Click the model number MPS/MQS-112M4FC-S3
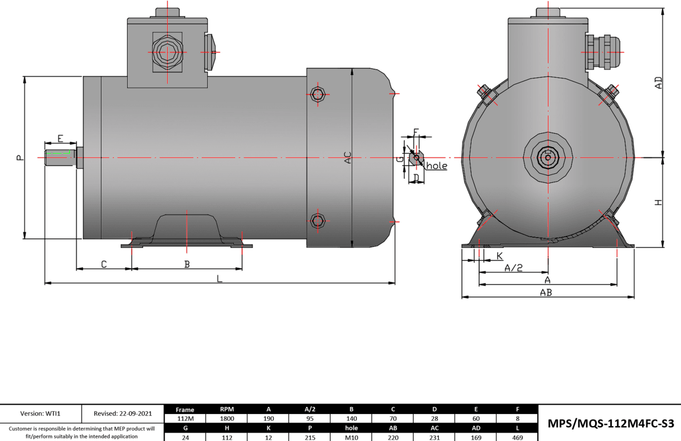click(x=610, y=424)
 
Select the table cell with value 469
click(x=517, y=437)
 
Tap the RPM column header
click(x=227, y=409)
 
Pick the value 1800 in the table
click(x=227, y=418)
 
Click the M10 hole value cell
click(x=351, y=437)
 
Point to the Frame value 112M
click(x=185, y=418)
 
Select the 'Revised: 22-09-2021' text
click(x=122, y=413)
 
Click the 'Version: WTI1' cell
click(x=41, y=413)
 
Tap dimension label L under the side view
click(x=219, y=278)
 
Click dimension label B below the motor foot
click(x=187, y=264)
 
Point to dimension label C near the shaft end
click(x=103, y=264)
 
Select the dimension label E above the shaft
click(x=60, y=139)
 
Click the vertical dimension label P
click(x=20, y=158)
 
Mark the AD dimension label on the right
click(x=658, y=83)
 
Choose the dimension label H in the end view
click(x=658, y=203)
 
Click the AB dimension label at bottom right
click(x=546, y=292)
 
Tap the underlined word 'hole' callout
click(x=436, y=166)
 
